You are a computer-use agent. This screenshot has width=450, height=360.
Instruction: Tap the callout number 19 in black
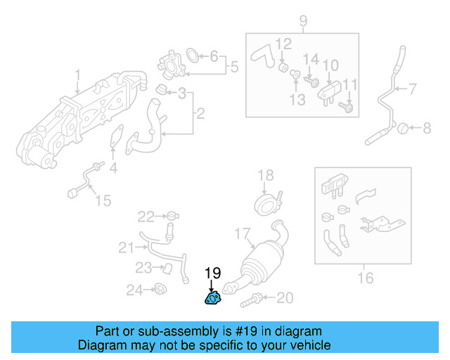tap(212, 273)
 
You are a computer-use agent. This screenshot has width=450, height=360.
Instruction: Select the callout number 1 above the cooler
tap(77, 75)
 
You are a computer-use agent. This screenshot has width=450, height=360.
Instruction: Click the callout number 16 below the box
tap(365, 278)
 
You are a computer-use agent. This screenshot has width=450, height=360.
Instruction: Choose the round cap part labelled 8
tap(404, 128)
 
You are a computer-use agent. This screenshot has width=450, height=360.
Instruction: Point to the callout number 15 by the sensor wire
tap(103, 201)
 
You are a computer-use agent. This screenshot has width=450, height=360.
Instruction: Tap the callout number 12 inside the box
tap(283, 45)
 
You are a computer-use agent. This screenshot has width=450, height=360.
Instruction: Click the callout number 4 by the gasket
tap(113, 168)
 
